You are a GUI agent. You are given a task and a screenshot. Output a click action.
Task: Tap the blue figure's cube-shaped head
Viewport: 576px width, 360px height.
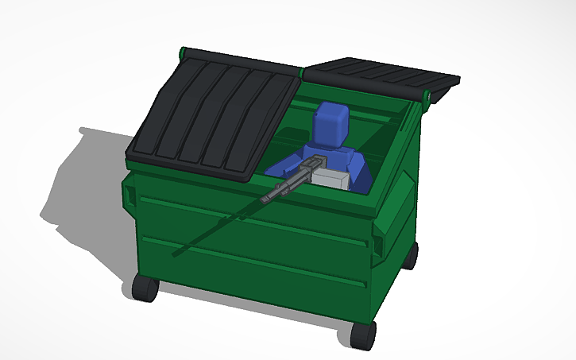330,124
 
